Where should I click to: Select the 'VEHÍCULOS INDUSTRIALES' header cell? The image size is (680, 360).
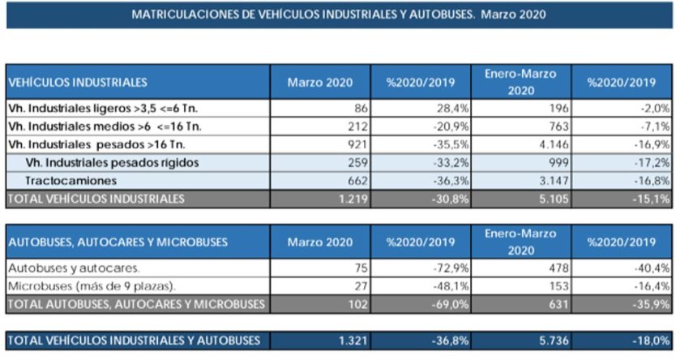click(78, 82)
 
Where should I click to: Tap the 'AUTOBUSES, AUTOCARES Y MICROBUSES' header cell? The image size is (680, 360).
click(118, 242)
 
